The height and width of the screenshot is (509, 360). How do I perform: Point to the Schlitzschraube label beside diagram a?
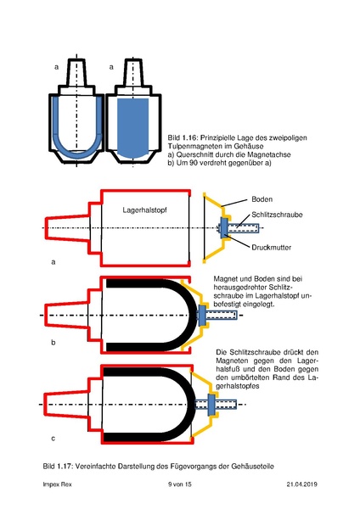[x=273, y=215]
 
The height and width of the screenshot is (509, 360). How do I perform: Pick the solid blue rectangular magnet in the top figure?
[x=130, y=127]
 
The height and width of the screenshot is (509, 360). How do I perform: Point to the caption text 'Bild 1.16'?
[x=183, y=137]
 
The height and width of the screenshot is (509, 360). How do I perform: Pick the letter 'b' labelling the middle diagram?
[x=53, y=344]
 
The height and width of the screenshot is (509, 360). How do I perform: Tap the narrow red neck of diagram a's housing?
[x=70, y=228]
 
